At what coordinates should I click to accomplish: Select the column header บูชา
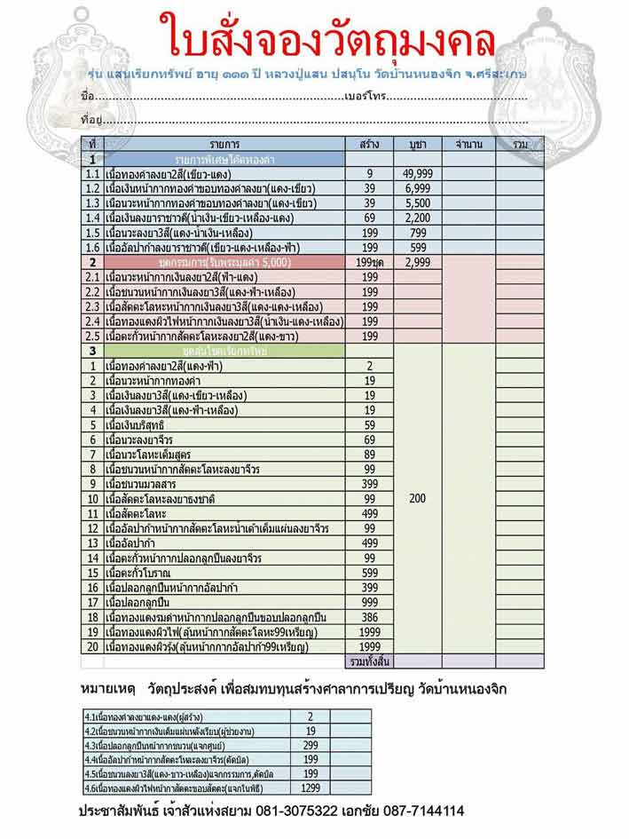coord(417,143)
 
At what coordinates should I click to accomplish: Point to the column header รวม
coord(520,143)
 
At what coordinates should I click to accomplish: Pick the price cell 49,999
coord(417,174)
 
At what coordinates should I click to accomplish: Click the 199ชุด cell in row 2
coord(369,263)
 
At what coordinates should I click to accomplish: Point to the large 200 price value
coord(417,499)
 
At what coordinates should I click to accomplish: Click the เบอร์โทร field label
coord(364,96)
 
